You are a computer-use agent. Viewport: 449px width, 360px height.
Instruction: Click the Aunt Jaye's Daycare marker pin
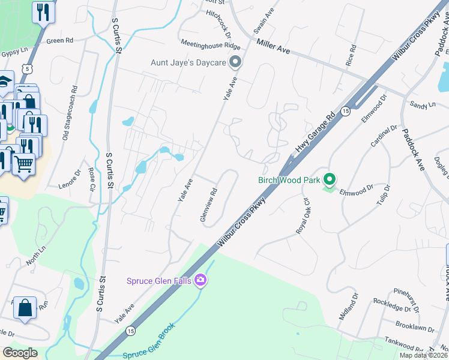coord(235,62)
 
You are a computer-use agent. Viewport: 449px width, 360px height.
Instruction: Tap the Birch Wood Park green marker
coord(329,179)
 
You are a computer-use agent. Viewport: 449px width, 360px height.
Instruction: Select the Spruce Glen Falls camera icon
coord(200,280)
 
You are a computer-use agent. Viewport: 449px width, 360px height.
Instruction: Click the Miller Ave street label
coord(273,47)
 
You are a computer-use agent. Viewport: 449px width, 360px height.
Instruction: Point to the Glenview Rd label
coord(208,206)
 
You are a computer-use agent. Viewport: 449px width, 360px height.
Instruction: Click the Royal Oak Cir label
coord(301,216)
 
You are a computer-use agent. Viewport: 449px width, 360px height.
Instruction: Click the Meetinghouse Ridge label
coord(211,45)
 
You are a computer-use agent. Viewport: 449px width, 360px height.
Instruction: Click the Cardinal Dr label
coord(384,137)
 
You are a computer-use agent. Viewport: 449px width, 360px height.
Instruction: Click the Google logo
coord(19,352)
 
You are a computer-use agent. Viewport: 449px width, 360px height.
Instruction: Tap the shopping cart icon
coord(23,163)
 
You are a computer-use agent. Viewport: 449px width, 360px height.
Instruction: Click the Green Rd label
coord(59,41)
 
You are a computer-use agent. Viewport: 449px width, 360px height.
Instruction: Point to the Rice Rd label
coord(351,55)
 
